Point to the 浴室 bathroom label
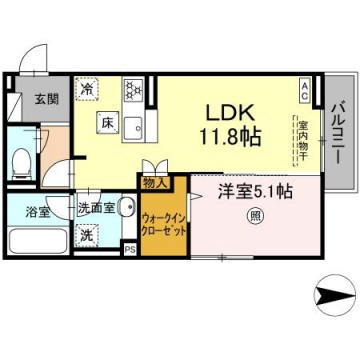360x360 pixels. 22,212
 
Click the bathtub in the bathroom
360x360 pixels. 31,241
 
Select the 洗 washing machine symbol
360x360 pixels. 88,236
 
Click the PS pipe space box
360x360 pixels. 129,249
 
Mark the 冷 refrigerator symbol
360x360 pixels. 87,89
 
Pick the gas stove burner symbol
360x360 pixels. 129,87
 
